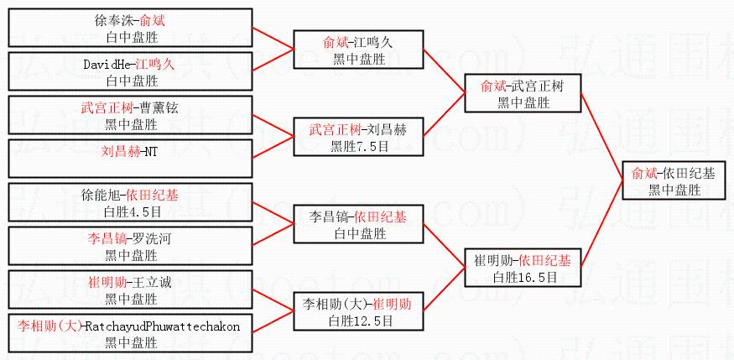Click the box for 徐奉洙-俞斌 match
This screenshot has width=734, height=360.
click(131, 28)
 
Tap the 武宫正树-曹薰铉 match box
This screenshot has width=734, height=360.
click(131, 116)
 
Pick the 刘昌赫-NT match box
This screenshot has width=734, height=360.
click(131, 159)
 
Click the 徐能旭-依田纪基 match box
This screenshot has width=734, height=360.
click(131, 203)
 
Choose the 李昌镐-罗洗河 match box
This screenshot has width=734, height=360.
click(131, 247)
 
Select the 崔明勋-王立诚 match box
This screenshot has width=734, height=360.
click(131, 290)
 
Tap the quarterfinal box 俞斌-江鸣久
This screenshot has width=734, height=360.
click(358, 50)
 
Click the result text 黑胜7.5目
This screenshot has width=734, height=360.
click(358, 146)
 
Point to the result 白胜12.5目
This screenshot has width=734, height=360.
click(358, 321)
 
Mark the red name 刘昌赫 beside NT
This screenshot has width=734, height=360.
click(117, 152)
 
